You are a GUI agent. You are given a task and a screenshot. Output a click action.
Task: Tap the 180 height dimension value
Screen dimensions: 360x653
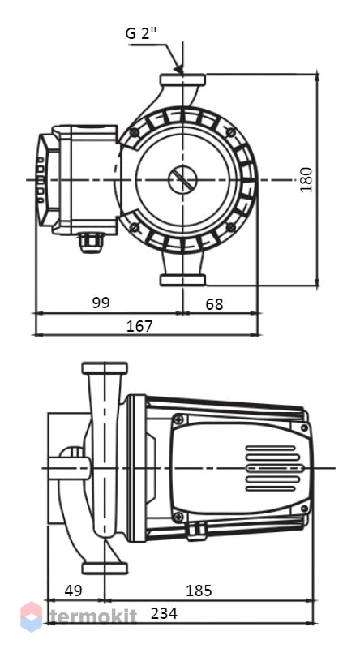(x=306, y=179)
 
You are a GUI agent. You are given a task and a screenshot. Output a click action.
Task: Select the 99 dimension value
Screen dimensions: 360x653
(x=101, y=303)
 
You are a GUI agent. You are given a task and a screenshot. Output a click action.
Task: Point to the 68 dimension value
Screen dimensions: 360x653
(x=214, y=304)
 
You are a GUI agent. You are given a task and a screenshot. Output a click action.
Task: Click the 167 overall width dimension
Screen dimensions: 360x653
(x=139, y=326)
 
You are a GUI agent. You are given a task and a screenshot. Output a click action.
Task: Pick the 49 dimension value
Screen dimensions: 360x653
(x=74, y=590)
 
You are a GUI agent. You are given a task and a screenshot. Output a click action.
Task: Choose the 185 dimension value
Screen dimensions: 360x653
(x=199, y=590)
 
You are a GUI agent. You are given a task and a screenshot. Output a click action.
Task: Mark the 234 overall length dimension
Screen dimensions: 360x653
(x=164, y=613)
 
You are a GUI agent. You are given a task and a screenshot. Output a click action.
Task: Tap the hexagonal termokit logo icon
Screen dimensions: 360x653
(x=32, y=616)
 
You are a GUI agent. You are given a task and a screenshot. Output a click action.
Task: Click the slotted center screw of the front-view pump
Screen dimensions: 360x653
(x=182, y=180)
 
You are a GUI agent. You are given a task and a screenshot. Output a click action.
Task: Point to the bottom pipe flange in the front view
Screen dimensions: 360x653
(x=182, y=280)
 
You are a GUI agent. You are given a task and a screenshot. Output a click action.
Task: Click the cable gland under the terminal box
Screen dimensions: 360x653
(x=92, y=243)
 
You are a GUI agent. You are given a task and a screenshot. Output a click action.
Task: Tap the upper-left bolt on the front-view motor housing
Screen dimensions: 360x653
(x=135, y=132)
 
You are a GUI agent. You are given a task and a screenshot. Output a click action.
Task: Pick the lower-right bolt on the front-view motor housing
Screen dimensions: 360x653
(x=231, y=227)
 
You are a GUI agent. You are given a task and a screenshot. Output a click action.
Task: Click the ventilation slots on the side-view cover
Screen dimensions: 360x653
(x=272, y=468)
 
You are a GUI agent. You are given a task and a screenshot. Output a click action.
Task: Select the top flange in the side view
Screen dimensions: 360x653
(x=105, y=367)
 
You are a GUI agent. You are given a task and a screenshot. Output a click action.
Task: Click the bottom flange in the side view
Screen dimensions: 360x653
(x=105, y=568)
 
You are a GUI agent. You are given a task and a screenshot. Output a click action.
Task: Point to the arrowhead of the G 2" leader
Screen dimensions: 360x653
(x=179, y=69)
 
